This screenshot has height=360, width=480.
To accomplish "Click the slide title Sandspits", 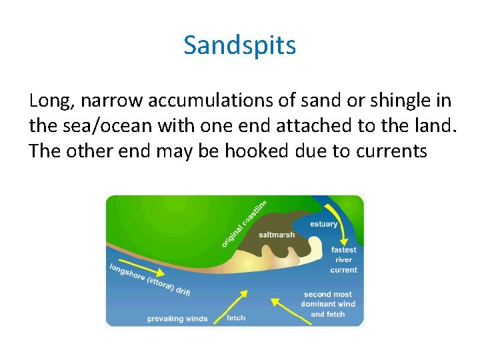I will click(239, 45).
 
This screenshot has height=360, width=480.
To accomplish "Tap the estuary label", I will click(324, 224).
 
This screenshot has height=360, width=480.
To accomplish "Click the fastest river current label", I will click(343, 260).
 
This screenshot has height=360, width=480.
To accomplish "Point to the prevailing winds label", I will click(177, 319).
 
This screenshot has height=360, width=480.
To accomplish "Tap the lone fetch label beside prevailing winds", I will click(236, 317).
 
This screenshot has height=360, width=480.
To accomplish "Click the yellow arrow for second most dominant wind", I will click(284, 309).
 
